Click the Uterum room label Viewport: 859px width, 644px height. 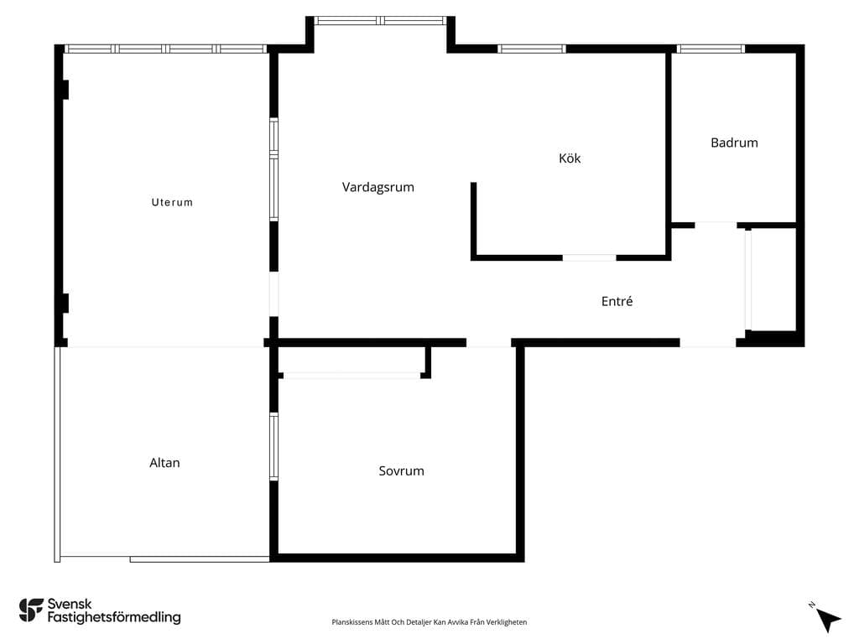tap(172, 202)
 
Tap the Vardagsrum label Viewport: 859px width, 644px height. tap(378, 187)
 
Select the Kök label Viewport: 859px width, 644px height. tap(570, 158)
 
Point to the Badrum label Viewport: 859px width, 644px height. tap(734, 143)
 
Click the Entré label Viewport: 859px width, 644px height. tap(617, 301)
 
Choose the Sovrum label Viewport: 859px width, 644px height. tap(402, 471)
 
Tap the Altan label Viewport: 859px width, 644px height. tap(164, 463)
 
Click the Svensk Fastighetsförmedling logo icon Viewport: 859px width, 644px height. tap(31, 610)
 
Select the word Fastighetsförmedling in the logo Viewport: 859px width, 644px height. tap(114, 618)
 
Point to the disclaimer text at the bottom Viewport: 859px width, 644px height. tap(429, 622)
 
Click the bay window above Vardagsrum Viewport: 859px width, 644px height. tap(380, 21)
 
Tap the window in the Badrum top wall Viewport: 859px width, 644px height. tap(711, 49)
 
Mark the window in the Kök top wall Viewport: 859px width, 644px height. tap(531, 49)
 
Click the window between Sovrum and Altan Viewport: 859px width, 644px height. tap(274, 447)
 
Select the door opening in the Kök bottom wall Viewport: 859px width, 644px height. tap(590, 257)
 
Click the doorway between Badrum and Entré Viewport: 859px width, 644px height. tap(716, 225)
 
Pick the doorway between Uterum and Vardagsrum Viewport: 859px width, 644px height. tap(274, 294)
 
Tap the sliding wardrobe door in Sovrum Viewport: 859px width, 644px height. tap(351, 376)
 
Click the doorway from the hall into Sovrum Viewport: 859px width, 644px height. tap(489, 343)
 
